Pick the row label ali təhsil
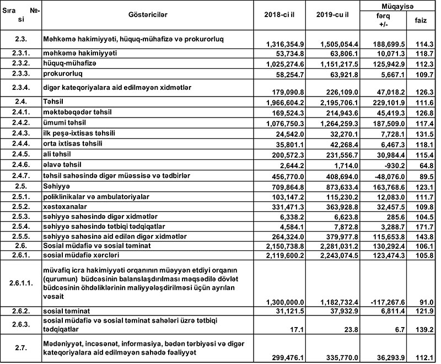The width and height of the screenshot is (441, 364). pos(57,154)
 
